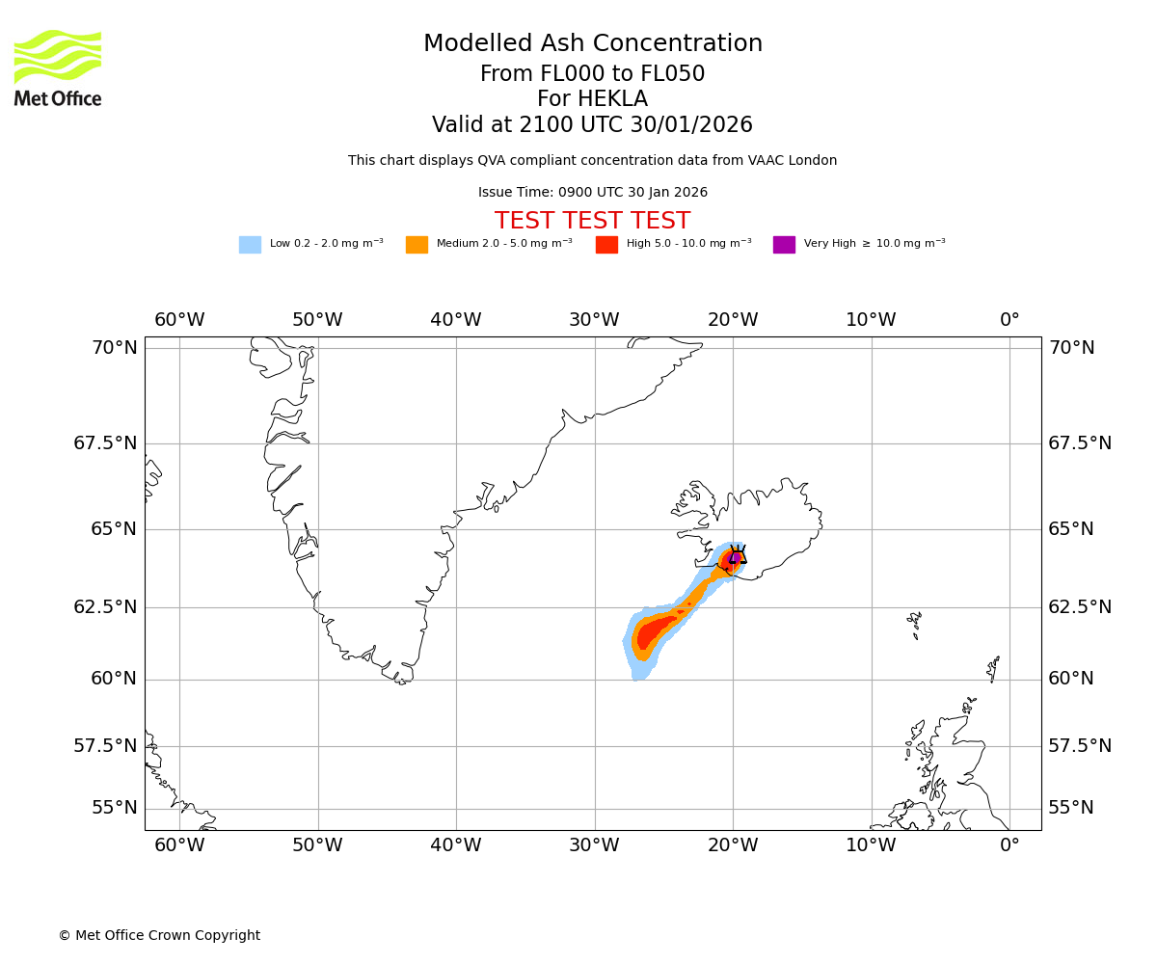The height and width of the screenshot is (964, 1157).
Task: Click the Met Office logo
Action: (58, 67)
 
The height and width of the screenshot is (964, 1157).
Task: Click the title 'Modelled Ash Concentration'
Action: (593, 44)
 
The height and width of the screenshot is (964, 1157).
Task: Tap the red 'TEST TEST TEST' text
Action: (592, 221)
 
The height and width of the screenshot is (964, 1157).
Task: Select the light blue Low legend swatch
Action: (250, 245)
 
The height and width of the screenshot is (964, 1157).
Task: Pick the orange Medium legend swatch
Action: (417, 245)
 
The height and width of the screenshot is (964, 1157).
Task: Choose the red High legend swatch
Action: (606, 245)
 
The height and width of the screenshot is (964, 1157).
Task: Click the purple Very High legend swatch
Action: (784, 245)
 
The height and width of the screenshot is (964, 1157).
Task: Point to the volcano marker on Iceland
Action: (738, 555)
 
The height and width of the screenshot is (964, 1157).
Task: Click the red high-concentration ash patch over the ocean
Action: (655, 630)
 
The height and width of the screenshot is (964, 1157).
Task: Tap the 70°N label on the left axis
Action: (115, 348)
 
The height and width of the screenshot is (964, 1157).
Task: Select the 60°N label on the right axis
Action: (1071, 679)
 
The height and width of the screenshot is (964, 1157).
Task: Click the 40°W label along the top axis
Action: (455, 320)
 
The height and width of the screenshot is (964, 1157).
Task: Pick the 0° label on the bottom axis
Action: (1009, 845)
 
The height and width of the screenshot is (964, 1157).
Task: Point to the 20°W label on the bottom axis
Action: (733, 845)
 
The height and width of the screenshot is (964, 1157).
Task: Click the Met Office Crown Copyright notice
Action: (159, 935)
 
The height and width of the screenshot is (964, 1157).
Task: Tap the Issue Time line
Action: (592, 193)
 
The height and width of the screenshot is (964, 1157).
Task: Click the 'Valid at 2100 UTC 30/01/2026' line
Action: (592, 125)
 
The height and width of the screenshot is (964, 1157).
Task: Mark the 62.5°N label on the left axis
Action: (106, 607)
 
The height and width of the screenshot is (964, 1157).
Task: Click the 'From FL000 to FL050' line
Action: (592, 74)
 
